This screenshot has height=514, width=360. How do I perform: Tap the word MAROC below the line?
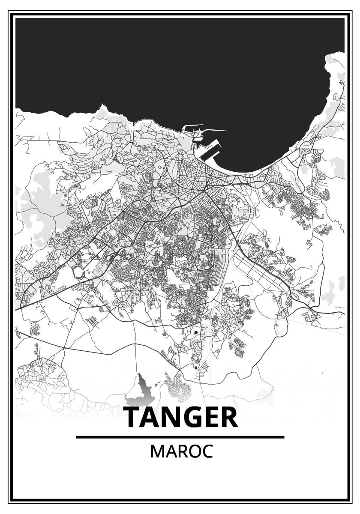tap(181, 452)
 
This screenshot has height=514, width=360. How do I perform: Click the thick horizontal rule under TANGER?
tap(180, 437)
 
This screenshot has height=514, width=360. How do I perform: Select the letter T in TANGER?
tap(134, 418)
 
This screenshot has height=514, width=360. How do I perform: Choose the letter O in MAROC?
tap(193, 452)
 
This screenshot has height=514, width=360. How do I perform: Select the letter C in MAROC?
tap(207, 452)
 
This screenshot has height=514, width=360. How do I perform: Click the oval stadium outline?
tap(79, 271)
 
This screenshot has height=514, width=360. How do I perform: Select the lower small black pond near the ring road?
tap(196, 367)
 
